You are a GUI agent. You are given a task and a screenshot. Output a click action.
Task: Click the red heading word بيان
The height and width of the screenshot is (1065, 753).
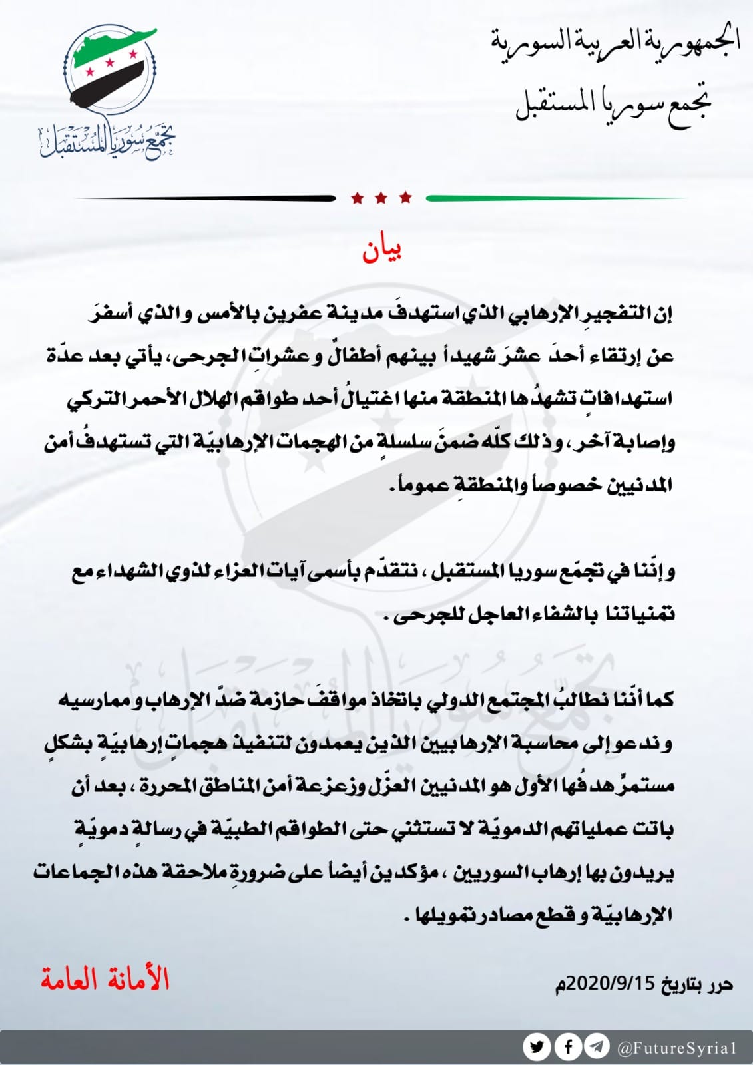[382, 251]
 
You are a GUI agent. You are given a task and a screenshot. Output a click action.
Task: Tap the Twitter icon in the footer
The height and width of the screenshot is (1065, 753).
[537, 1046]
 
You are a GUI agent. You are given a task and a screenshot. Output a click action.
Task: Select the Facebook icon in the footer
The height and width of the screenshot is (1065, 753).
[568, 1046]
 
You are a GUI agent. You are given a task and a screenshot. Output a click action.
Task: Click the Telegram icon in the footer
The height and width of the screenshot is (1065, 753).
[597, 1046]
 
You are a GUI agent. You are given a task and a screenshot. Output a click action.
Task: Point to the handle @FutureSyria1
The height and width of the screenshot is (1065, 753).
[678, 1048]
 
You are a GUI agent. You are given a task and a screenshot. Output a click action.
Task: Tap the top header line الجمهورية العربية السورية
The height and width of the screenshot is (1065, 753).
[615, 41]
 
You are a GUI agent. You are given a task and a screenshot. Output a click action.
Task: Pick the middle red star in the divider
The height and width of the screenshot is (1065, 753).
[381, 198]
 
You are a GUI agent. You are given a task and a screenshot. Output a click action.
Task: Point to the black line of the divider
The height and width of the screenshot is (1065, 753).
[206, 198]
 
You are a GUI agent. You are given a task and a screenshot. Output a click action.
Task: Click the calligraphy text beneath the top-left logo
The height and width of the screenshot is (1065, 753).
[107, 141]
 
